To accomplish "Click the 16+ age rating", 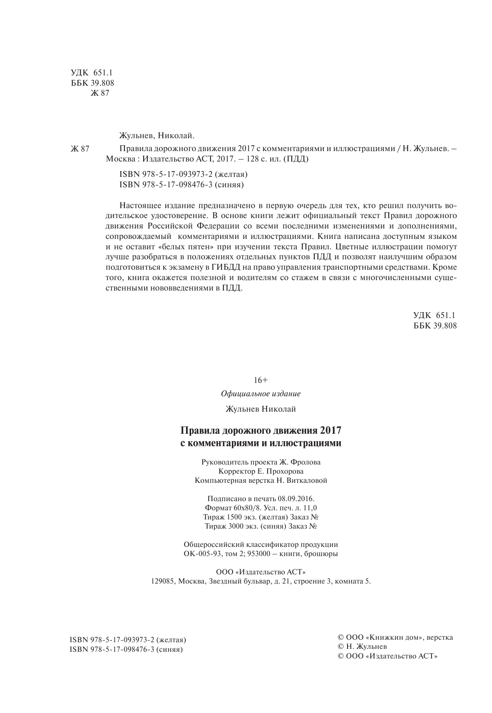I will tap(261, 380).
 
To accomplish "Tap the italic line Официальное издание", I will tap(261, 394).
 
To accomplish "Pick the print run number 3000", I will tap(236, 526).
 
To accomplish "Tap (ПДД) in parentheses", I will tap(296, 159).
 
